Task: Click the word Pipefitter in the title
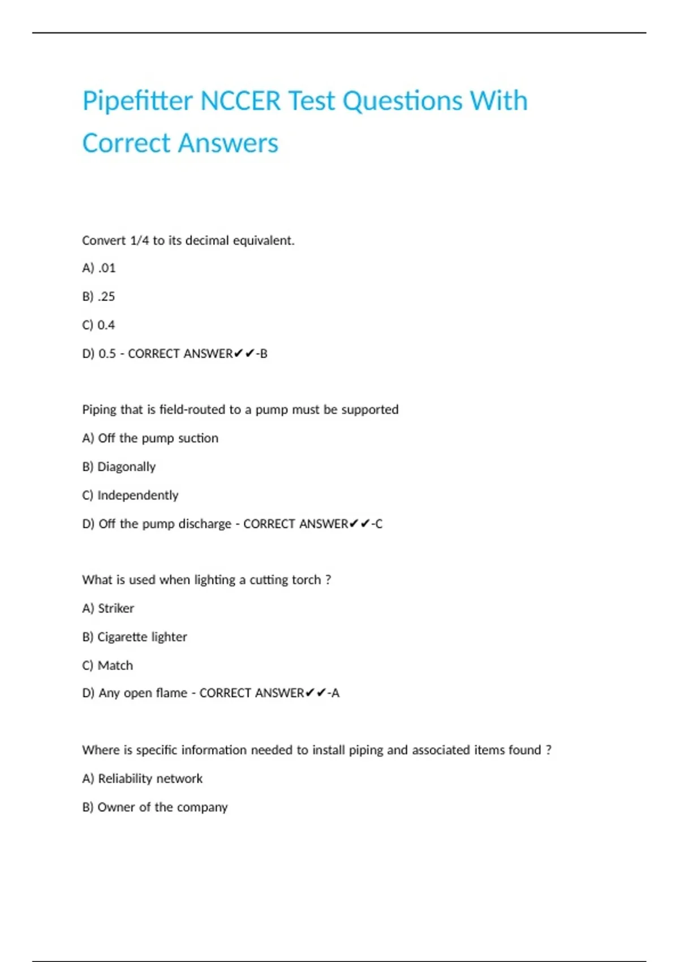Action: (x=137, y=101)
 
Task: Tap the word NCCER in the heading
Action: (x=240, y=101)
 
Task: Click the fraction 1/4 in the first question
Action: (x=139, y=240)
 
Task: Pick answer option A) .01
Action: (x=99, y=268)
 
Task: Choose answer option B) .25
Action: (x=99, y=297)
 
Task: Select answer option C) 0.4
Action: (x=99, y=325)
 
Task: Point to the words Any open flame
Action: (x=143, y=693)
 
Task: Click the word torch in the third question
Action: (x=306, y=580)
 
